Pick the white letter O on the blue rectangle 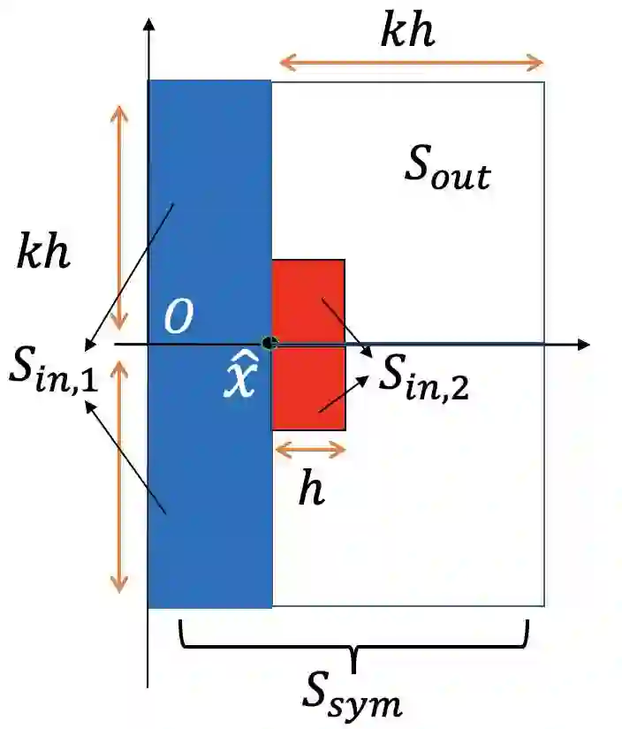[x=178, y=317]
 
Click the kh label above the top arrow [x=407, y=32]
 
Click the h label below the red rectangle [x=310, y=490]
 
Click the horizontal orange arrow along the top [x=410, y=62]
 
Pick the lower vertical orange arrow [x=118, y=477]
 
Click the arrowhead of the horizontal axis [x=582, y=344]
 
